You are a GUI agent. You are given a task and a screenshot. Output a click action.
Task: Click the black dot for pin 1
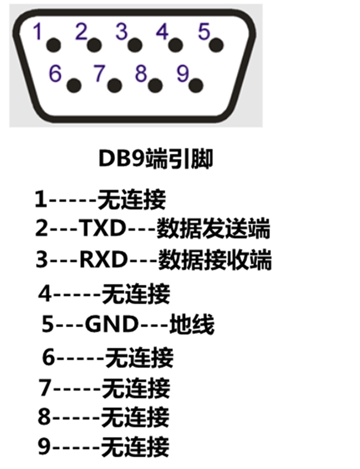(54, 45)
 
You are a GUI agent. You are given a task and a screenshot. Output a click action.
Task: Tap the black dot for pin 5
(216, 44)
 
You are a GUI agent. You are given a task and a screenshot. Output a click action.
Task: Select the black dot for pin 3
(135, 45)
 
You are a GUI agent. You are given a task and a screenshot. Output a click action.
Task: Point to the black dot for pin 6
(74, 85)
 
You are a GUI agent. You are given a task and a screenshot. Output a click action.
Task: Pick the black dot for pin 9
(196, 85)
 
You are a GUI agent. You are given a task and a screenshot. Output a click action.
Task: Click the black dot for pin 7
(115, 85)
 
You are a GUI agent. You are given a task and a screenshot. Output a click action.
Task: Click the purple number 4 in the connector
(162, 32)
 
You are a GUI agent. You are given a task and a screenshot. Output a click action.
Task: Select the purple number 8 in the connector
(141, 74)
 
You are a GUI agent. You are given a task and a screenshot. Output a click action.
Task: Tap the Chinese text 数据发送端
(213, 229)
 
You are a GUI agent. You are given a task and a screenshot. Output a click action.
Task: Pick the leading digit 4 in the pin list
(45, 294)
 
